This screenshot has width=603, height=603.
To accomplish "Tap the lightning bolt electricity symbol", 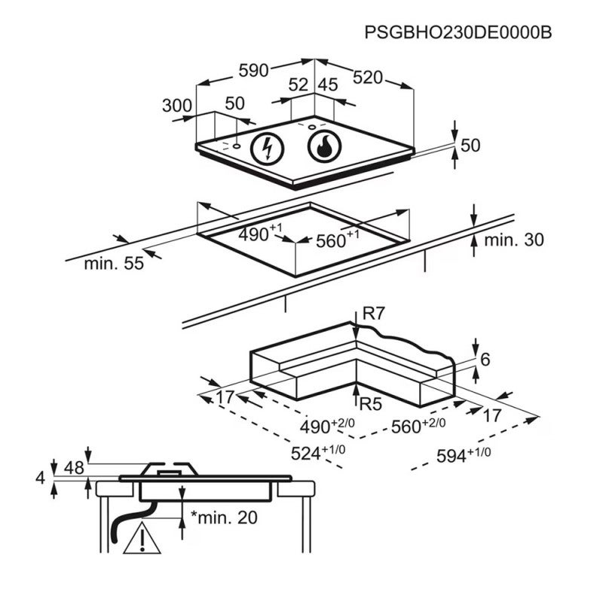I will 265,147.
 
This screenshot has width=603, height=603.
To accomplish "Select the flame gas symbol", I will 324,146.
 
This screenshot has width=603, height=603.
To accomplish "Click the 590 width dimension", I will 254,71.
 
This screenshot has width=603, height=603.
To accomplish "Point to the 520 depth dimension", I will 368,77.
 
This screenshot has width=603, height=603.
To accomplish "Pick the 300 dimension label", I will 177,106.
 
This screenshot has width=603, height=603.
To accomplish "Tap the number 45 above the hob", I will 327,85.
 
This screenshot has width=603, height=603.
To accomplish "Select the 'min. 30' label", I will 513,240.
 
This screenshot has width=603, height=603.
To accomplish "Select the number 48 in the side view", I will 73,468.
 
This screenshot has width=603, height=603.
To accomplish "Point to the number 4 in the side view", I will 40,476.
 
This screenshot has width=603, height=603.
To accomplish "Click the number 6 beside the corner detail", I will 485,360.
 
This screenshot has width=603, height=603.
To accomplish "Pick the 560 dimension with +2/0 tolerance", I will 418,427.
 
